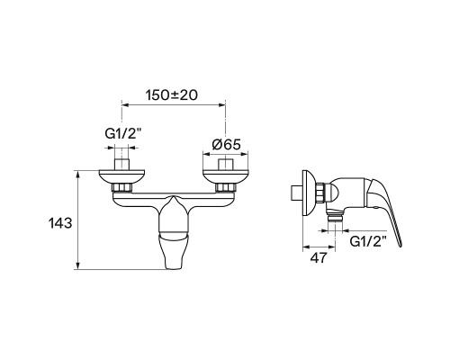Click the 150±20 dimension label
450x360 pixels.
pyautogui.click(x=172, y=95)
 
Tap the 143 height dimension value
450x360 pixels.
pyautogui.click(x=60, y=223)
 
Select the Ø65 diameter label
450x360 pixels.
pyautogui.click(x=227, y=145)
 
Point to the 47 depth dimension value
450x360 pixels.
pyautogui.click(x=319, y=257)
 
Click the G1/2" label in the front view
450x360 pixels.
pyautogui.click(x=123, y=134)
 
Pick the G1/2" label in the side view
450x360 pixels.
pyautogui.click(x=368, y=241)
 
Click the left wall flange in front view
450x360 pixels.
pyautogui.click(x=121, y=177)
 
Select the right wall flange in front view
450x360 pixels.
pyautogui.click(x=226, y=177)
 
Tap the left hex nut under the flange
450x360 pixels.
pyautogui.click(x=121, y=188)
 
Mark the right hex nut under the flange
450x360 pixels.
pyautogui.click(x=226, y=188)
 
